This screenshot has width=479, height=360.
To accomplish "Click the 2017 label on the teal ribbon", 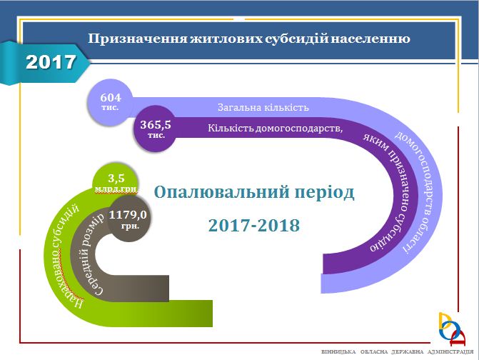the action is coord(51,62).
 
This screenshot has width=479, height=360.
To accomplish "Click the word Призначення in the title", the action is coord(138,39).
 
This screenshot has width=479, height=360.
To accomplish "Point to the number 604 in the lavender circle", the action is coord(111,97).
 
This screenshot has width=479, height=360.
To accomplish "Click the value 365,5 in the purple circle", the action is coord(156,125).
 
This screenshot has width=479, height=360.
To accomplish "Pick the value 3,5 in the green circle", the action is coord(116,178).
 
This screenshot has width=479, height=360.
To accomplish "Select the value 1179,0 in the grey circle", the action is coord(128,215).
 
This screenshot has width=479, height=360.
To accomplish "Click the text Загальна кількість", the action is coord(263,108).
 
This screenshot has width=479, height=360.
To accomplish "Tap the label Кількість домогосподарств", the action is coord(275,128).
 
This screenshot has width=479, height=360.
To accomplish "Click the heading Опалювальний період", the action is coord(254,193).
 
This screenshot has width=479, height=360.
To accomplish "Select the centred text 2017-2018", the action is coord(254,226).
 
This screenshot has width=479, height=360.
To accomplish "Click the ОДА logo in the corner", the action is coord(452,329).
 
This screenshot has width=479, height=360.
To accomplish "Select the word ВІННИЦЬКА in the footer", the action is coord(338,352).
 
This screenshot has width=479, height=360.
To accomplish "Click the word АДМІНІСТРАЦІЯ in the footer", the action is coord(450,352).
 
